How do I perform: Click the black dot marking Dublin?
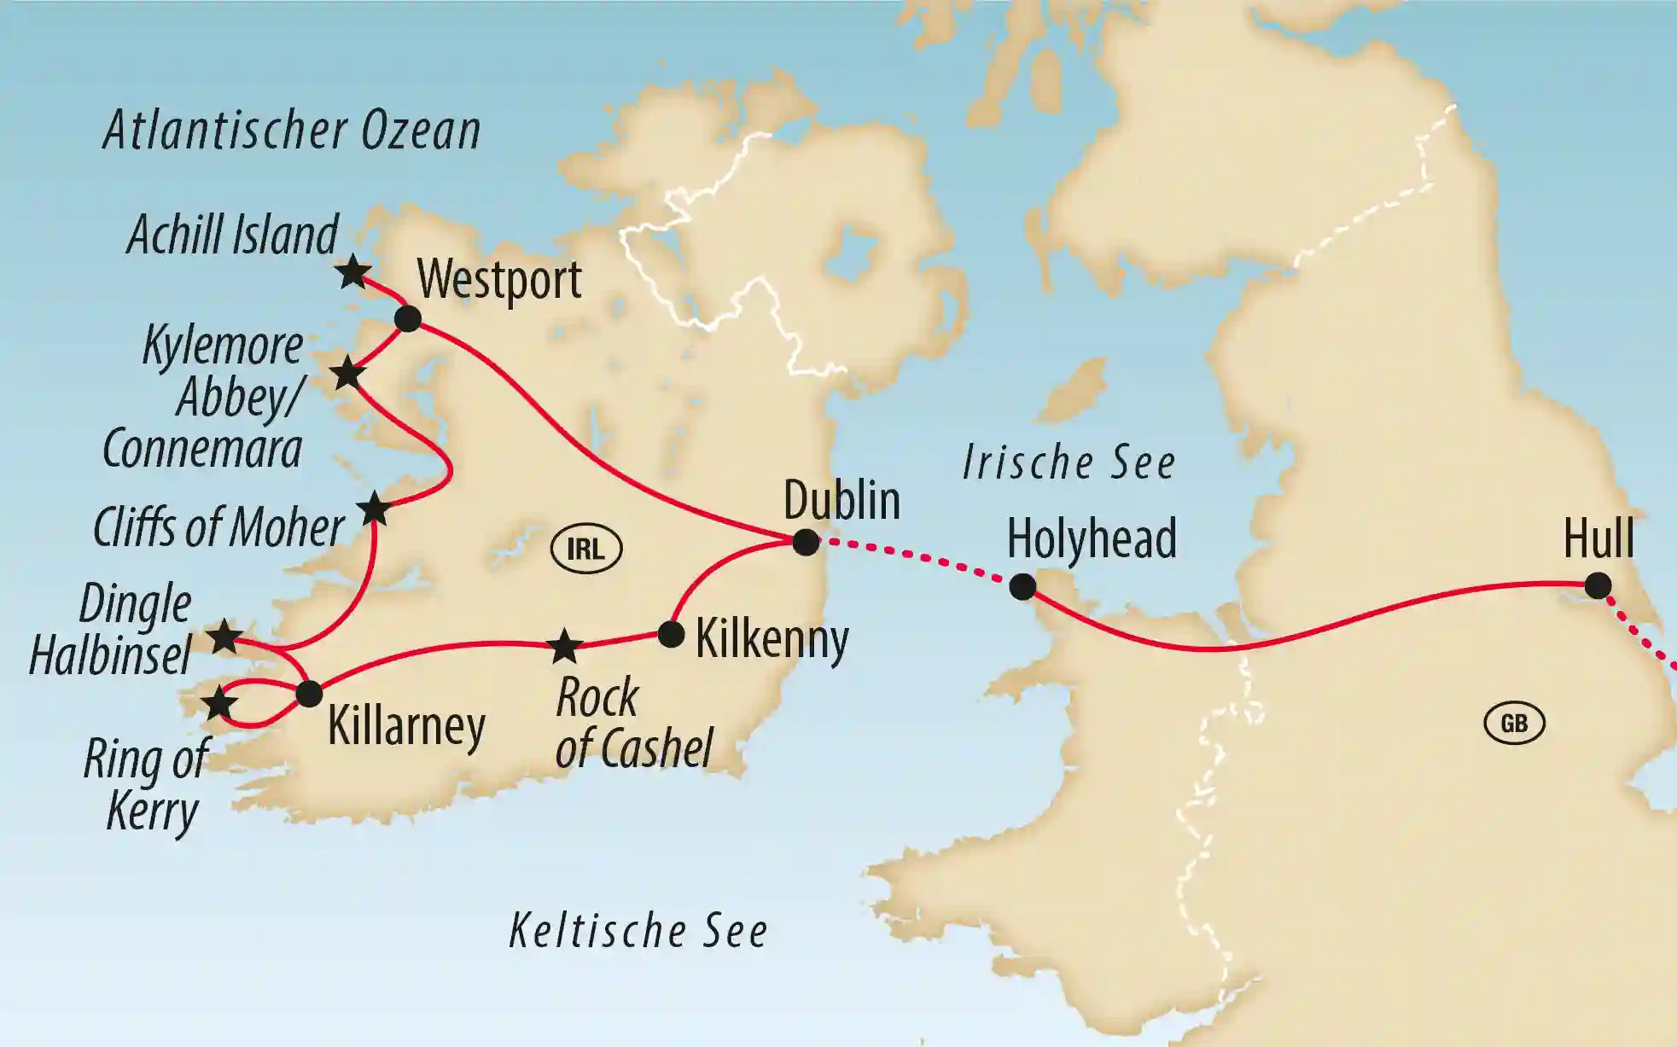point(805,542)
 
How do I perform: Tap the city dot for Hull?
point(1598,586)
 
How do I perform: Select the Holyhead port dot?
point(1022,586)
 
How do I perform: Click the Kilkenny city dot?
point(671,634)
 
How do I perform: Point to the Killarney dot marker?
point(309,693)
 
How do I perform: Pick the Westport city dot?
point(408,319)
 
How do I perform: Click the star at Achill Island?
point(352,273)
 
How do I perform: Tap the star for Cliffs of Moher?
point(374,509)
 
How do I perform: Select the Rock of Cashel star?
point(564,646)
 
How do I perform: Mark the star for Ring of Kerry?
point(219,704)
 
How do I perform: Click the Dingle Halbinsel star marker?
point(224,637)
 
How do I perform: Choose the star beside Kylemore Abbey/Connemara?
point(347,373)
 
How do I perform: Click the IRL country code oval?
point(586,549)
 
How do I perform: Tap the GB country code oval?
point(1514,724)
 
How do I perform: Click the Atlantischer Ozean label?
point(292,131)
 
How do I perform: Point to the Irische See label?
point(1069,463)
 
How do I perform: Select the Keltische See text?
point(638,930)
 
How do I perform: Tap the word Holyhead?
point(1092,538)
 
